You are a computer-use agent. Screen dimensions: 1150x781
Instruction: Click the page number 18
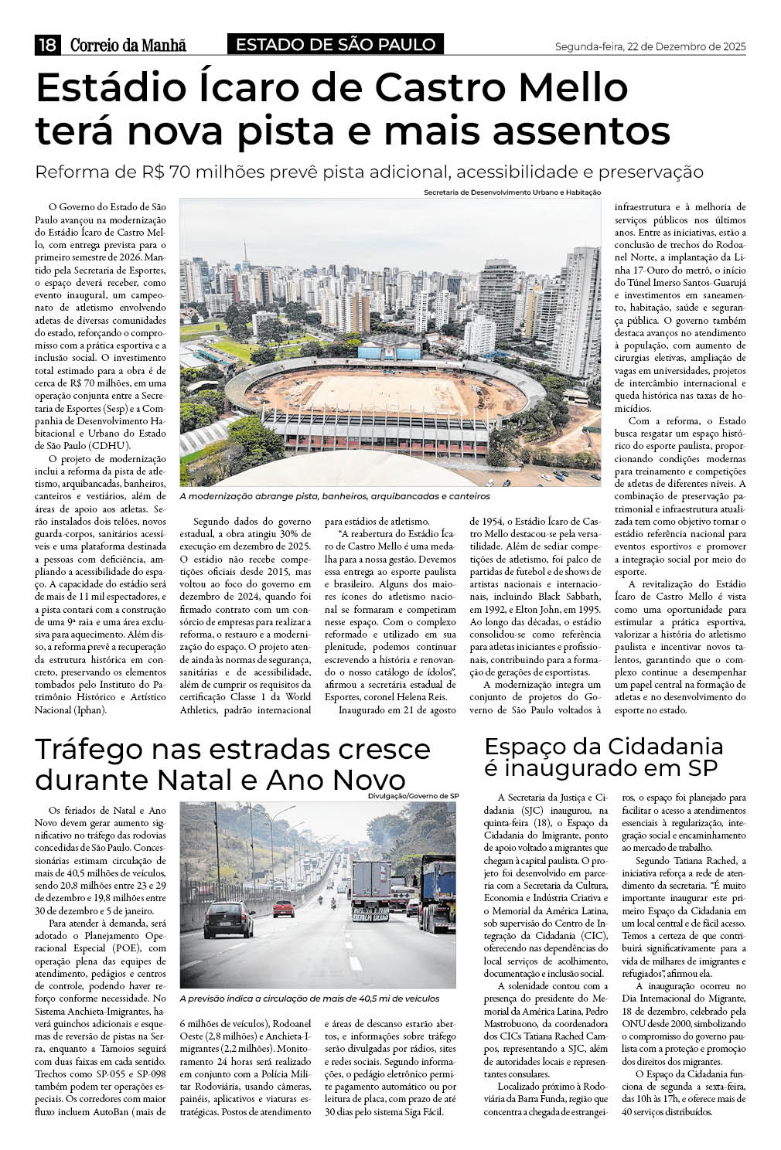(46, 46)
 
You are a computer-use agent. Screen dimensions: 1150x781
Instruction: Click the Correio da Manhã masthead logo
(128, 46)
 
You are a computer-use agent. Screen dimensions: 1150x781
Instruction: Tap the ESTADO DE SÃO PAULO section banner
(336, 45)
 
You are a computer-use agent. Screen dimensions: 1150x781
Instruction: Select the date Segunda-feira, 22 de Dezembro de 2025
(650, 46)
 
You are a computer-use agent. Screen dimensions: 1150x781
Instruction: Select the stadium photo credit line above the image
(512, 192)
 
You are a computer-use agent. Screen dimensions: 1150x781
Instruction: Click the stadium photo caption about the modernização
(334, 496)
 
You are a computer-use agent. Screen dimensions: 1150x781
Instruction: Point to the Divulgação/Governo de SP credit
(414, 795)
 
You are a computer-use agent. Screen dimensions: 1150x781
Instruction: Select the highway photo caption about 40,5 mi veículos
(309, 999)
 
